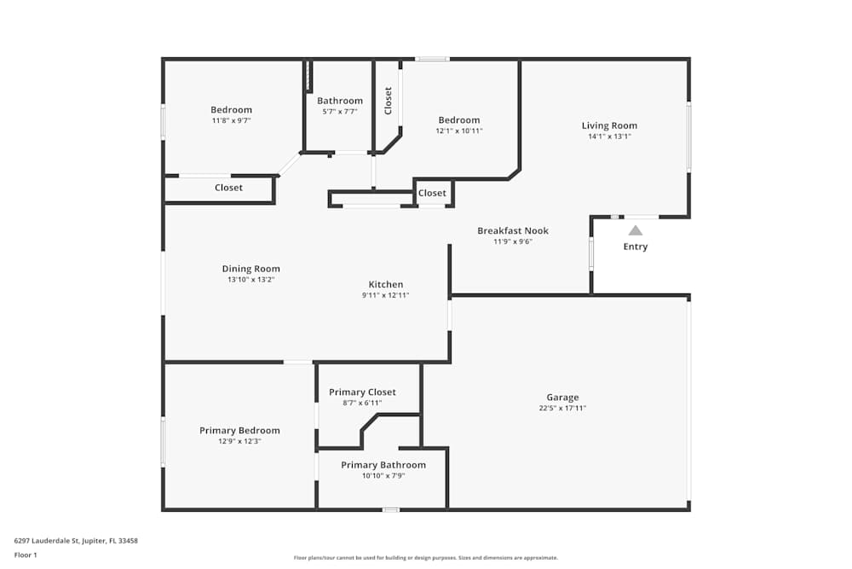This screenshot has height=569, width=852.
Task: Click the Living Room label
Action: coord(609,125)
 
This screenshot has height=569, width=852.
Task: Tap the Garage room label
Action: coord(562,397)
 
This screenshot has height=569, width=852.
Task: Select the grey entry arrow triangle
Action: coord(636,229)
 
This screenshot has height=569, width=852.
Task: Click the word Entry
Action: coord(636,247)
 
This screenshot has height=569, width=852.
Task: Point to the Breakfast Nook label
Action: coord(513,230)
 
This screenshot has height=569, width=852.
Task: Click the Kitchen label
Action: coord(386,284)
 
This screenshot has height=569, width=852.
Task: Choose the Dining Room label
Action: coord(251,269)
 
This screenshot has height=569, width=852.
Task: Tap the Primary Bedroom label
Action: coord(239,430)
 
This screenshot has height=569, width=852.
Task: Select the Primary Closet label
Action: coord(363,392)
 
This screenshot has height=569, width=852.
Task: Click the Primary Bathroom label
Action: coord(383,465)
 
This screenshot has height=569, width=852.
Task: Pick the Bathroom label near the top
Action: coord(340,101)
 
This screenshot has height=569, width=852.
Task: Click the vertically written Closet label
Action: coord(389,101)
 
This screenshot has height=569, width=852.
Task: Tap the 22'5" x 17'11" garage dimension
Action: coord(562,408)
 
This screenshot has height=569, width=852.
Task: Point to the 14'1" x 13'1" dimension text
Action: coord(609,136)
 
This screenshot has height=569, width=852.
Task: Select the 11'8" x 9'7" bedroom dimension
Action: coord(232,120)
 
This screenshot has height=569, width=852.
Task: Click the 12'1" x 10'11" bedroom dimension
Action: coord(459,131)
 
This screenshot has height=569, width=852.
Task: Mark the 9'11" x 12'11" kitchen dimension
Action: coord(386,295)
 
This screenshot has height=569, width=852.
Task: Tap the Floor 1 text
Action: coord(26,554)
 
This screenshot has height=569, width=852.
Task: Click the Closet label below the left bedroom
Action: coord(228,188)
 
